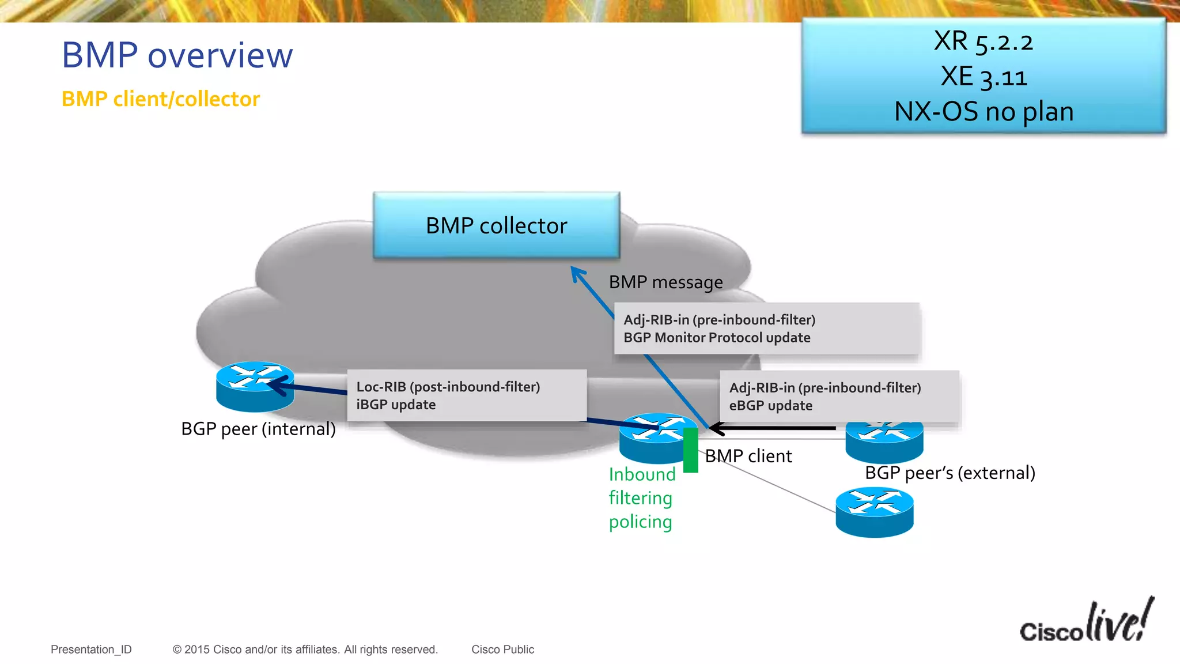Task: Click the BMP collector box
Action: point(496,225)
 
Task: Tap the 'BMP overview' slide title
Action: point(177,55)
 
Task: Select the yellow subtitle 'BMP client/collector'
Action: point(160,99)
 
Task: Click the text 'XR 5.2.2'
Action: point(983,41)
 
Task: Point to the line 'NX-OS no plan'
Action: point(984,111)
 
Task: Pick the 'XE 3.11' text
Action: point(984,77)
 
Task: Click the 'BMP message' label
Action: point(665,282)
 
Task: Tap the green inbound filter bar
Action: point(690,450)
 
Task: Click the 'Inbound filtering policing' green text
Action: point(641,498)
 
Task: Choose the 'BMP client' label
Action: point(748,456)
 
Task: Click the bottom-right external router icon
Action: point(874,512)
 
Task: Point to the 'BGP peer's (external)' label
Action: point(950,473)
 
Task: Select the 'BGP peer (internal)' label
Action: point(258,429)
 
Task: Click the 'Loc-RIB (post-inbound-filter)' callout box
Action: point(467,395)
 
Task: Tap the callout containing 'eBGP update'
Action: point(839,397)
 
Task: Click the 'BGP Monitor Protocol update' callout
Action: point(766,329)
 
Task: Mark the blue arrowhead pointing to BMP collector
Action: point(577,273)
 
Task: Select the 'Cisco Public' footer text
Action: point(502,650)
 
